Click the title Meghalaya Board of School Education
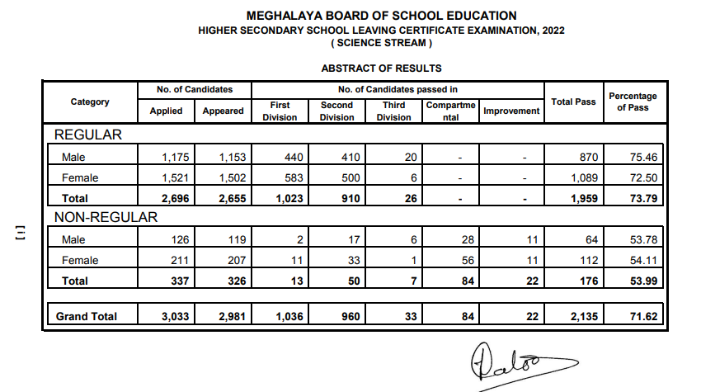tap(381, 16)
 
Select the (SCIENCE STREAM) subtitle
tap(381, 43)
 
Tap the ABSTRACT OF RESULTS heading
tap(381, 68)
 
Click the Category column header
tap(90, 102)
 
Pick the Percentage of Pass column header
tap(633, 102)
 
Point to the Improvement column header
tap(511, 111)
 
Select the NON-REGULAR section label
tap(105, 217)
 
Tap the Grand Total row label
tap(87, 316)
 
